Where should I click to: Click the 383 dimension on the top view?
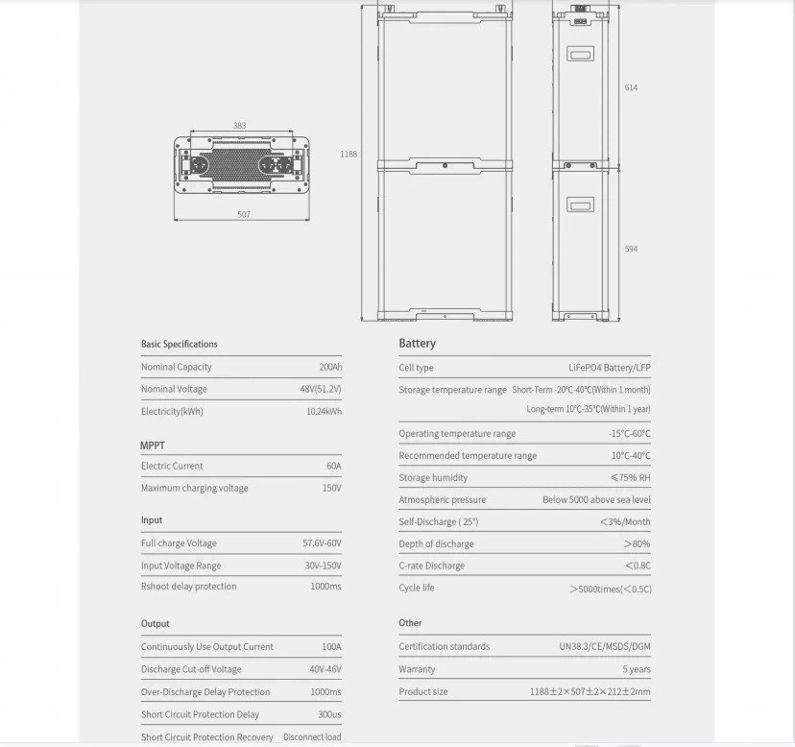[x=239, y=126]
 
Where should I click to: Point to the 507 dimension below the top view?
[x=244, y=214]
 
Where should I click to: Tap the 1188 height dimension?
[x=349, y=154]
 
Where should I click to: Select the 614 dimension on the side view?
[x=631, y=87]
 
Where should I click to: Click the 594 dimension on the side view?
[x=631, y=249]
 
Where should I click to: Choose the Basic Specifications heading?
[x=180, y=344]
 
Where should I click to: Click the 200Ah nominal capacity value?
[x=330, y=367]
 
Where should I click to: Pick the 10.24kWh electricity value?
[x=324, y=411]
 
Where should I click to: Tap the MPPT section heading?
[x=153, y=446]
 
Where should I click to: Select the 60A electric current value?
[x=333, y=466]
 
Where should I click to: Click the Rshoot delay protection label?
[x=188, y=586]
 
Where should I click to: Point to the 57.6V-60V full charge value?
[x=322, y=542]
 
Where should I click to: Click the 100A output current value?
[x=331, y=646]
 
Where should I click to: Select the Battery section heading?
[x=417, y=343]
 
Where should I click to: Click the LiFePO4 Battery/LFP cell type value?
[x=609, y=367]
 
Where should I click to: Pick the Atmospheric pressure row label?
[x=443, y=499]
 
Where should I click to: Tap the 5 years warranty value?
[x=636, y=669]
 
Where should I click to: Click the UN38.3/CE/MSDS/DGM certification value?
[x=605, y=646]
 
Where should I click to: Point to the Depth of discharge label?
[x=436, y=543]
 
